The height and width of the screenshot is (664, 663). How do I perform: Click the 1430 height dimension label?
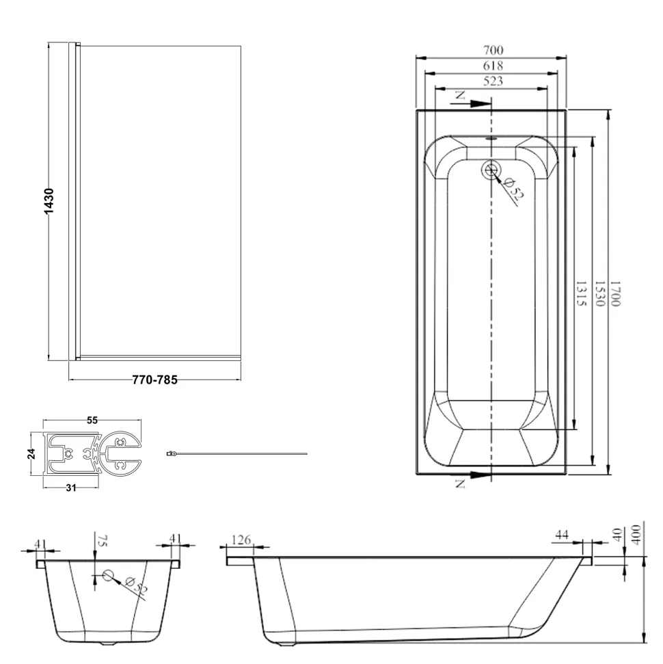[x=49, y=201]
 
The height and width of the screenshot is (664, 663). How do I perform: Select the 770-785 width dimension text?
[x=154, y=380]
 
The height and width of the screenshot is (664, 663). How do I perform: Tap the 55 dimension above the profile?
[x=92, y=420]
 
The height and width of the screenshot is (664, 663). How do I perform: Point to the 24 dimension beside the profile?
[x=31, y=454]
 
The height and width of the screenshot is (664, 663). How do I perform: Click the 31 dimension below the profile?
[x=70, y=488]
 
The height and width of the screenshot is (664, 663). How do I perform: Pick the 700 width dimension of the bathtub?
[x=493, y=50]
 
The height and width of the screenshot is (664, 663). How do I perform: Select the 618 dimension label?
[x=493, y=65]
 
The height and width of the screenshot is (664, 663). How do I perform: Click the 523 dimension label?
[x=493, y=81]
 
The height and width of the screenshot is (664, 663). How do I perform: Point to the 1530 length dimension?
[x=600, y=293]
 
